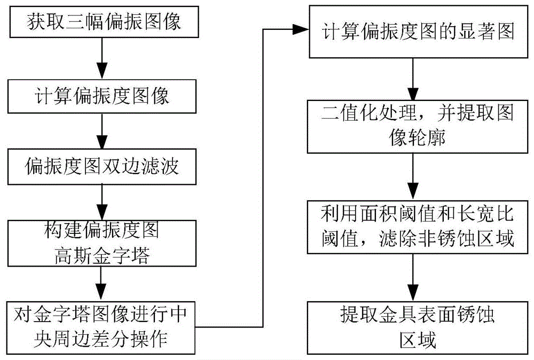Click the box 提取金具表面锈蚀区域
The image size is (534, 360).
pos(411,327)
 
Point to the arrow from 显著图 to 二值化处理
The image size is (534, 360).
pos(411,78)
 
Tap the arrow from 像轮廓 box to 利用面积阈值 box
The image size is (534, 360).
pos(411,178)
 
